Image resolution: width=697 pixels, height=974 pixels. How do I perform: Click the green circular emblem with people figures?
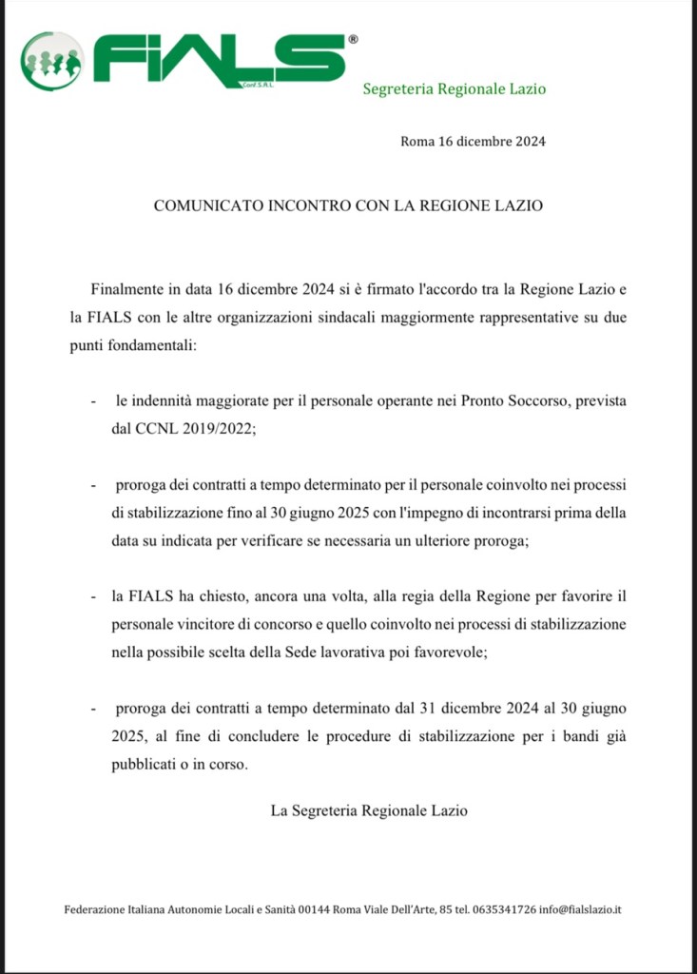point(51,61)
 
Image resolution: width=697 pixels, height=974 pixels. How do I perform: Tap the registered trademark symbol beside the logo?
point(354,40)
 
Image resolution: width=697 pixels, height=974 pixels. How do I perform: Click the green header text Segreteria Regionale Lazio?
point(455,88)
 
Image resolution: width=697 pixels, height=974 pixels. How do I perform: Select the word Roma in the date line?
point(416,143)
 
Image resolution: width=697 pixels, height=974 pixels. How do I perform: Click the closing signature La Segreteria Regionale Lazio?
point(369,811)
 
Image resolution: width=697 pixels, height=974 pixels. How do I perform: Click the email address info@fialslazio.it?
point(580,909)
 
